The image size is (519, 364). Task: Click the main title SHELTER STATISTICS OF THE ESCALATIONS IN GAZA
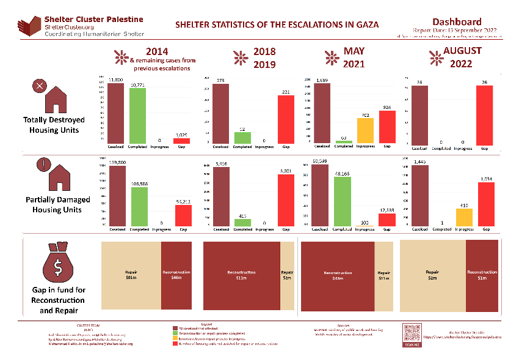277,25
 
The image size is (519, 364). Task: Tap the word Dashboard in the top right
456,21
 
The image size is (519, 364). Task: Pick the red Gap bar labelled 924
387,127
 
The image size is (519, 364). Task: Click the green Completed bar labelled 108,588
140,207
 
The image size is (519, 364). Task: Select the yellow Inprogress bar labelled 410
463,218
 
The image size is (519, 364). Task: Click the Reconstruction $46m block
176,275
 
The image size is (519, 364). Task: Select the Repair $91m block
131,275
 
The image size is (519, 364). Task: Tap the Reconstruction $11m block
241,275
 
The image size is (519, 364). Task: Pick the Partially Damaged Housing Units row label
57,205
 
